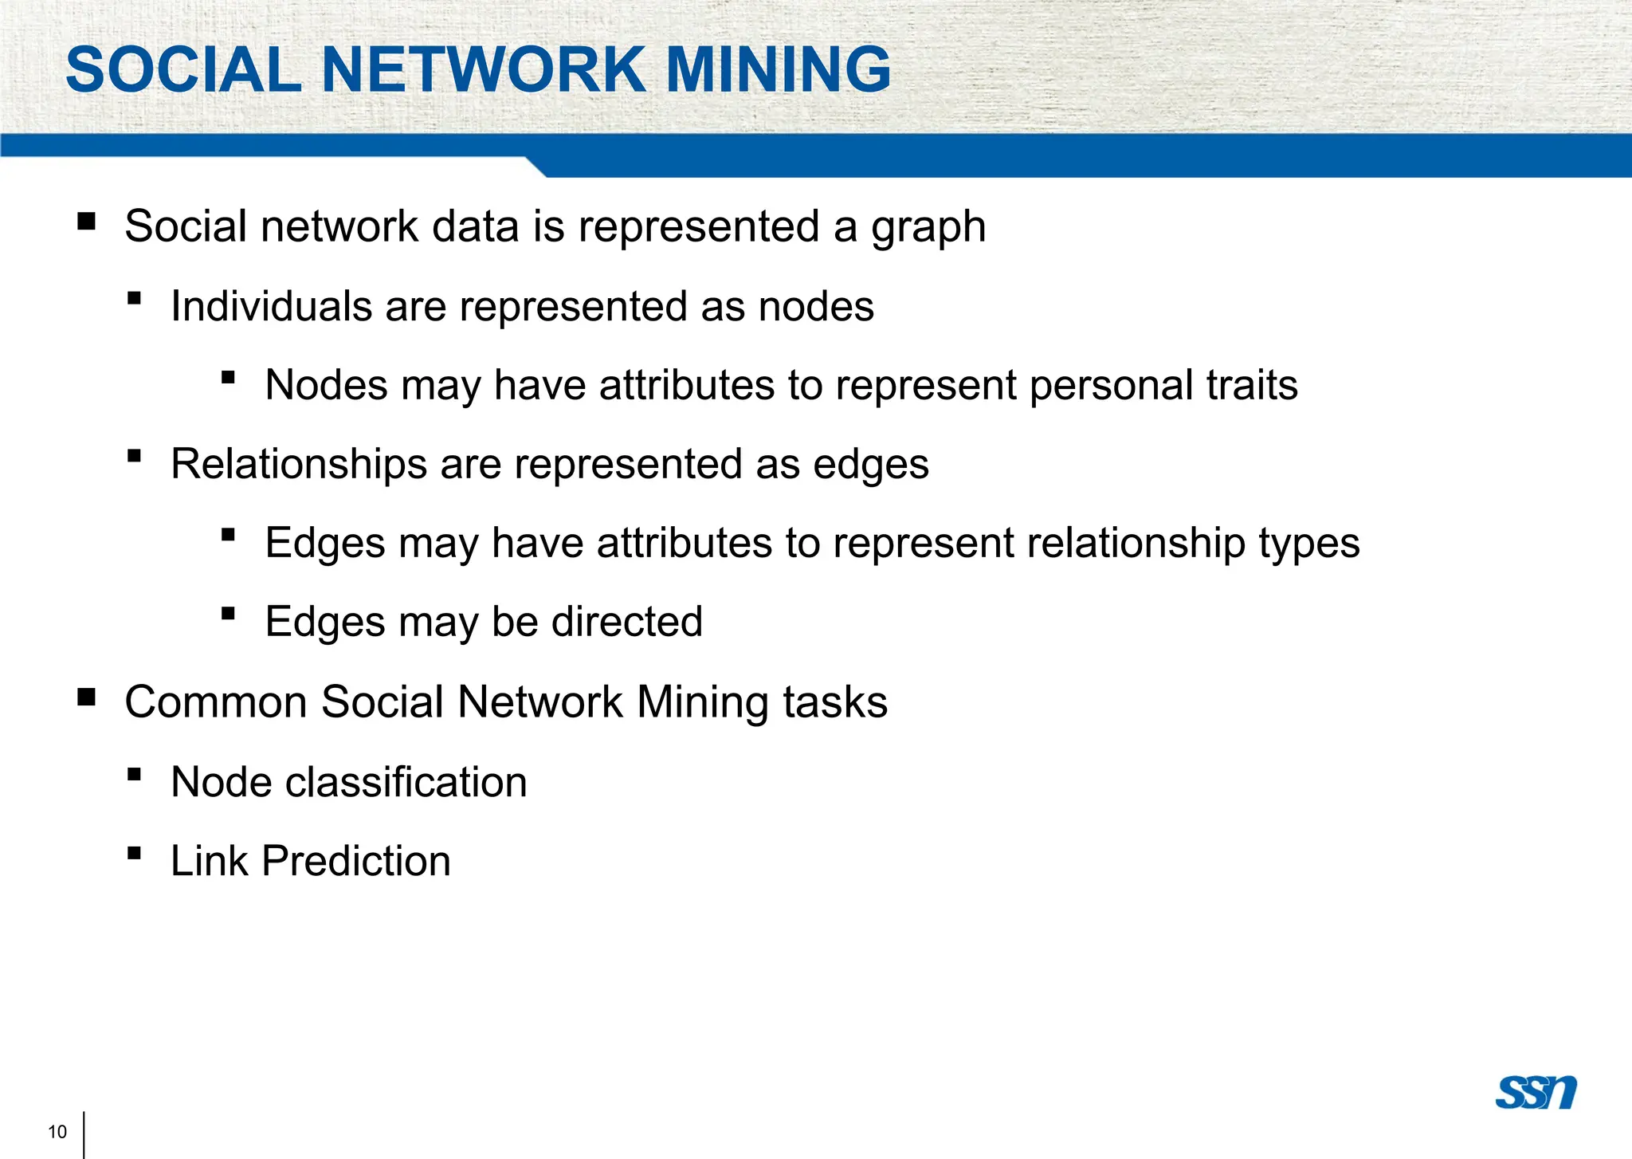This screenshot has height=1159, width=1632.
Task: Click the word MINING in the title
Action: [778, 69]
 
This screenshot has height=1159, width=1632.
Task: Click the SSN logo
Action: [1536, 1092]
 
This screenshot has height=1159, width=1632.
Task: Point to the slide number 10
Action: [57, 1132]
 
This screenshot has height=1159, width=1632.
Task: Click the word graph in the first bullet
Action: [928, 228]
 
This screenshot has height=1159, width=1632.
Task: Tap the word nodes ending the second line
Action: [816, 307]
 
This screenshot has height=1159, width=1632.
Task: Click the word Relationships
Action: [299, 465]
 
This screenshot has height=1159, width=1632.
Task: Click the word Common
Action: [216, 702]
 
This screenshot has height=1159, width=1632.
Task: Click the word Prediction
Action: [356, 861]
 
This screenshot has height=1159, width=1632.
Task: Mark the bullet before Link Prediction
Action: [134, 854]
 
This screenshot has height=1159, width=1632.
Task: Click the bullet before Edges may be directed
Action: [229, 614]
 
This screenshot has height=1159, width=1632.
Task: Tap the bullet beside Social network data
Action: [87, 221]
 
